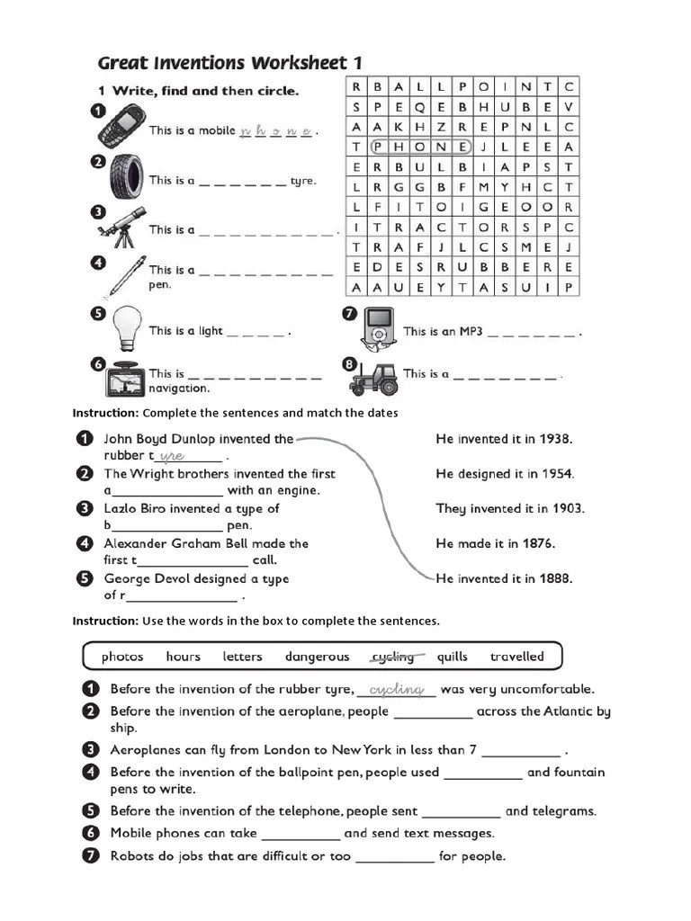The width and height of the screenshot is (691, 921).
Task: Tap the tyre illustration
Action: (125, 174)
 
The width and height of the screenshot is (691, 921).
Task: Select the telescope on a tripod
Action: (121, 227)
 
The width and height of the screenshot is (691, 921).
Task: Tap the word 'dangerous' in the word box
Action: (317, 657)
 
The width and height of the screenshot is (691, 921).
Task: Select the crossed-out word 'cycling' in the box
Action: (393, 657)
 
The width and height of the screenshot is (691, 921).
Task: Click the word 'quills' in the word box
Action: (452, 657)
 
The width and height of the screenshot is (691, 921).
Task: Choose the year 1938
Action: (555, 439)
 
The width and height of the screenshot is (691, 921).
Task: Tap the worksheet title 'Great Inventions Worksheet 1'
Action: (229, 63)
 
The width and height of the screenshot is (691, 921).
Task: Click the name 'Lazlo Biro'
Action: (135, 509)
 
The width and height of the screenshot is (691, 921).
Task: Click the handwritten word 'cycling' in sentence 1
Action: (396, 689)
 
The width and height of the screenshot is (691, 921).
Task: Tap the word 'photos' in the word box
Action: (122, 657)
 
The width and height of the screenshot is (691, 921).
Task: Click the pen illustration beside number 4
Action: (126, 275)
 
